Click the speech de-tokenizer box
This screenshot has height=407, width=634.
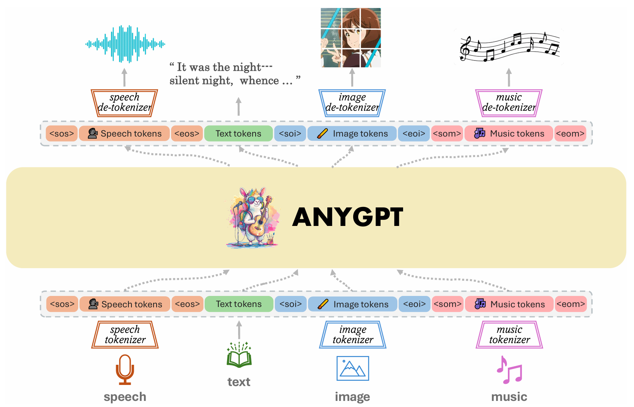pos(125,103)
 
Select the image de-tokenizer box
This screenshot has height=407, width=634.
pos(352,103)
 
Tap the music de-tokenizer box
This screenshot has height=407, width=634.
pos(509,103)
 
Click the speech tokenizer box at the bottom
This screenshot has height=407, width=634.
pos(125,335)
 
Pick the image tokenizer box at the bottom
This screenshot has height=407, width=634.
pos(353,335)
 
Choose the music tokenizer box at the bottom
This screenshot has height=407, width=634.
pos(509,335)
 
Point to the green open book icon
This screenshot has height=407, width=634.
pos(239,355)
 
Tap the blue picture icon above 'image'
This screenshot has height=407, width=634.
pos(353,368)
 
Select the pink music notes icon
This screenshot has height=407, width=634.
pos(509,370)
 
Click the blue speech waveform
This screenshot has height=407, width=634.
pos(125,44)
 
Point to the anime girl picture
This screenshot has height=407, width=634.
pos(351,38)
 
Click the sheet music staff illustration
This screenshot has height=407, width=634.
pos(509,47)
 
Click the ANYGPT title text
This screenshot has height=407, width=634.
pos(347,217)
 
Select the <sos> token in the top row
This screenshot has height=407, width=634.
pos(62,134)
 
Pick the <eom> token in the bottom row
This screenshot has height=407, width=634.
pos(570,304)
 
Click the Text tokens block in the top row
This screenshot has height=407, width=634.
pos(239,134)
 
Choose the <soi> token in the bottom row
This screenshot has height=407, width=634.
pos(291,304)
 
